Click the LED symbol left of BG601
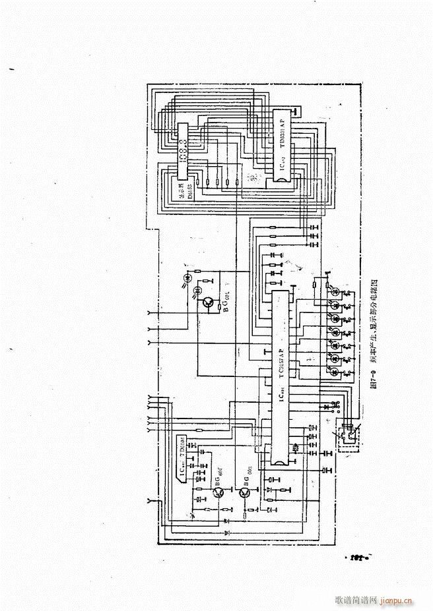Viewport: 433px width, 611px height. click(x=196, y=291)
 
